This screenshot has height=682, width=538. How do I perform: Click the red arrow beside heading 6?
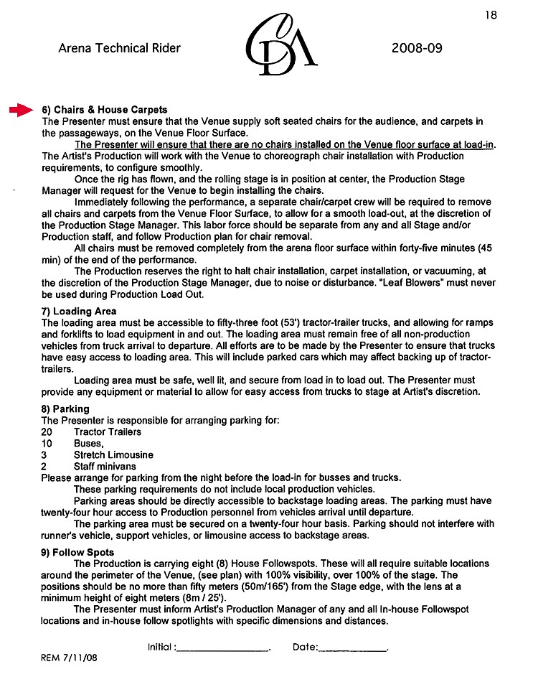pos(21,109)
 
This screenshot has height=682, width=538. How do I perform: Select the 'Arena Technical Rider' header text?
pos(119,49)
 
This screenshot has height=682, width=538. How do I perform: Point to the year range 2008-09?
pos(417,49)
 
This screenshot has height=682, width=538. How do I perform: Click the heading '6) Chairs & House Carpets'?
pos(105,110)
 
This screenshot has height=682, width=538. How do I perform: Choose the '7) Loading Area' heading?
pos(79,312)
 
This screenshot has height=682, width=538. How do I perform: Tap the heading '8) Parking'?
pos(65,408)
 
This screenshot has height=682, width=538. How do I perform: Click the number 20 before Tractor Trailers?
pos(47,431)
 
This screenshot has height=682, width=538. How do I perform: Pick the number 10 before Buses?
pos(47,443)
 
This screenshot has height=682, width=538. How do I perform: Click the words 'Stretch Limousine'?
pos(113,454)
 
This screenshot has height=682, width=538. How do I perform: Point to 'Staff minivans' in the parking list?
pos(105,466)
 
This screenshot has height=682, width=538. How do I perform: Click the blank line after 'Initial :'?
pos(222,648)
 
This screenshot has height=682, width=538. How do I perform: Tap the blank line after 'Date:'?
pos(351,648)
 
